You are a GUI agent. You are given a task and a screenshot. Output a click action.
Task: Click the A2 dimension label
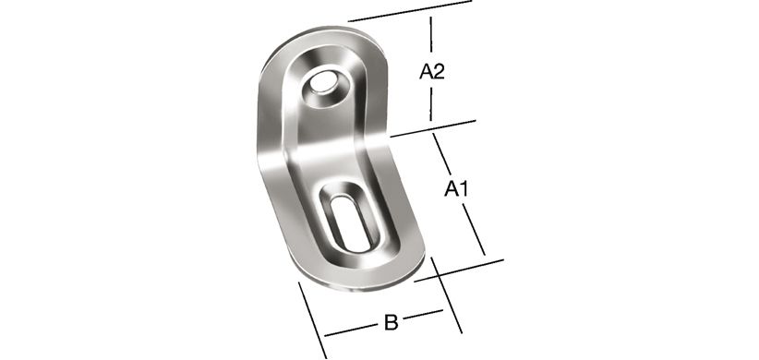click(432, 72)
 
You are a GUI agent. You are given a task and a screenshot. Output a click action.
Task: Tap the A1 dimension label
click(456, 189)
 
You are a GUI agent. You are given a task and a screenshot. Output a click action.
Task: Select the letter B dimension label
click(391, 322)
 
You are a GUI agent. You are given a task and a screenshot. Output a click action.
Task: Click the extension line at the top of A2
click(410, 11)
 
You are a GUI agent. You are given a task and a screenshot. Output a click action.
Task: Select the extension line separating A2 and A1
click(433, 128)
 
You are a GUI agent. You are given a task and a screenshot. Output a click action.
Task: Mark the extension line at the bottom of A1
click(459, 270)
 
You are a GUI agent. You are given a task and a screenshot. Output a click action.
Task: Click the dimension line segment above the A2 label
click(431, 34)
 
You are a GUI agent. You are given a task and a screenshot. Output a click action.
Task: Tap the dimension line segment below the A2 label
click(430, 104)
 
